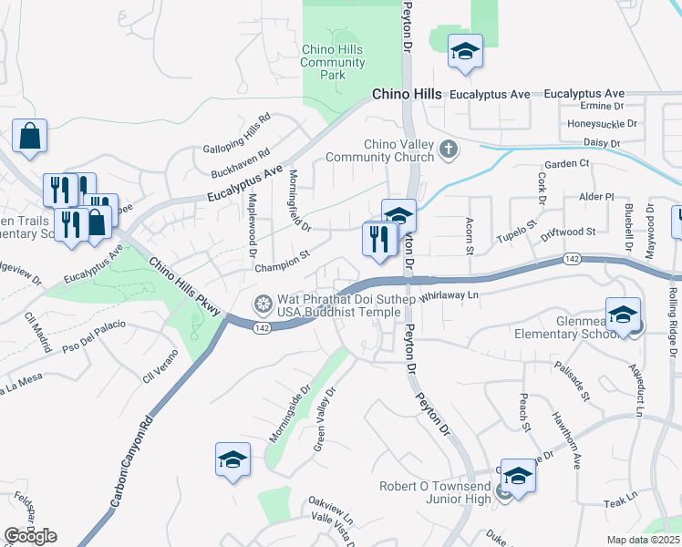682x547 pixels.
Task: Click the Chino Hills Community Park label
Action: point(333,62)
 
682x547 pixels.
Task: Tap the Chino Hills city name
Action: point(407,95)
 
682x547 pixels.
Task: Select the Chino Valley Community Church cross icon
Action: point(448,149)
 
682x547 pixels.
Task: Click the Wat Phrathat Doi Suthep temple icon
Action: point(263,303)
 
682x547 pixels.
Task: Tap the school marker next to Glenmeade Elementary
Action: point(623,315)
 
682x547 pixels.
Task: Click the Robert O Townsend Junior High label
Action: point(437,493)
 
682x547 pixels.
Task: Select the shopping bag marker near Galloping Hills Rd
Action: point(29,136)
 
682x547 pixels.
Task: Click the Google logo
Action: point(30,536)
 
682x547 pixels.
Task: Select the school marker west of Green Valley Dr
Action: point(232,460)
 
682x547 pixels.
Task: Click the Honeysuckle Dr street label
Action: point(602,123)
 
